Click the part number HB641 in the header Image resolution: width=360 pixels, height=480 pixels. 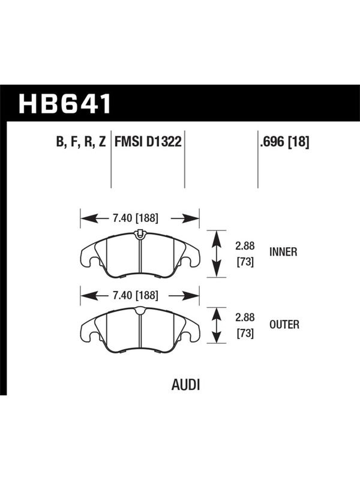click(x=65, y=104)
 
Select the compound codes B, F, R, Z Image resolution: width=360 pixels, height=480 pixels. click(x=81, y=142)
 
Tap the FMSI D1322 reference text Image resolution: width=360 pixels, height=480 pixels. click(x=148, y=142)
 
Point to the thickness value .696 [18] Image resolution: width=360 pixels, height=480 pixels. click(x=284, y=142)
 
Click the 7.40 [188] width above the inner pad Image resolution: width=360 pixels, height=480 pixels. click(x=136, y=218)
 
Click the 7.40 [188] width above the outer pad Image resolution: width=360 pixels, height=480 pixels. click(x=136, y=295)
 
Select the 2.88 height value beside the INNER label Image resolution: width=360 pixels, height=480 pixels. click(x=245, y=246)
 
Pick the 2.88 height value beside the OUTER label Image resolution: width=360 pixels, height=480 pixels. click(x=245, y=317)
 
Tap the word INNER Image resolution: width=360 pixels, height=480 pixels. click(x=283, y=252)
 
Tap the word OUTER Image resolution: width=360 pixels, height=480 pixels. click(x=284, y=325)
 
